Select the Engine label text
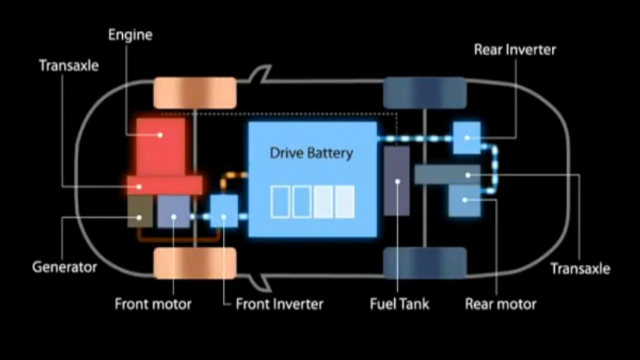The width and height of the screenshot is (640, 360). (130, 35)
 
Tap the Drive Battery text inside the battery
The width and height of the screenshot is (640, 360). (311, 153)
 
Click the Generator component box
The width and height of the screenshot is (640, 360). (140, 211)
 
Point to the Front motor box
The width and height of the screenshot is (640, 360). (173, 212)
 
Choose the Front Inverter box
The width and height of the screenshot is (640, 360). (224, 212)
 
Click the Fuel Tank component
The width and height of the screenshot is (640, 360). (397, 181)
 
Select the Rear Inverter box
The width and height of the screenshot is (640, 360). (467, 137)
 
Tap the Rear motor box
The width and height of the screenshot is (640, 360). (464, 200)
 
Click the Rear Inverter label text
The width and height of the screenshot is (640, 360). (515, 50)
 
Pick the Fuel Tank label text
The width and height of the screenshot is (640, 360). (400, 304)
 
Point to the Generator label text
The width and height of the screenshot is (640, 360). (64, 267)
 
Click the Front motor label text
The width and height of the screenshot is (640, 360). (153, 304)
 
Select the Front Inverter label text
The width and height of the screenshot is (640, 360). (280, 304)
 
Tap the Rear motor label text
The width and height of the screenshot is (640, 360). (500, 304)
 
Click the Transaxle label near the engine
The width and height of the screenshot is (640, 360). (69, 66)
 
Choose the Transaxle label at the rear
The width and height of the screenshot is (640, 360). (580, 268)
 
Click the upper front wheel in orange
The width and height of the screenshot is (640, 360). (195, 93)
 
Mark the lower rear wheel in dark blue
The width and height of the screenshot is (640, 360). (425, 263)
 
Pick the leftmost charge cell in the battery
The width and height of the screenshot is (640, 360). (280, 202)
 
